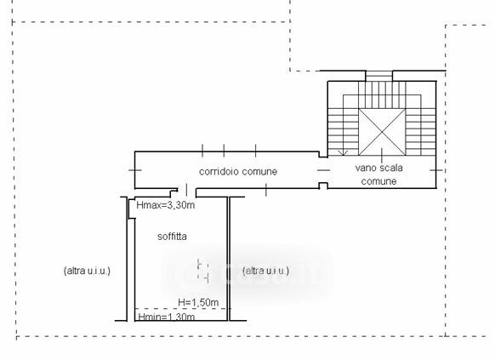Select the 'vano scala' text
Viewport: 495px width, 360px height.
tap(378, 168)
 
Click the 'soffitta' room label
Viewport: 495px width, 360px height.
tap(172, 237)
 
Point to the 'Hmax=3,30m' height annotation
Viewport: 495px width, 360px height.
tap(166, 205)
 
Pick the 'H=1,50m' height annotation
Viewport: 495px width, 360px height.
tap(198, 302)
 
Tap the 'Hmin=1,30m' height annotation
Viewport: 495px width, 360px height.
tap(167, 317)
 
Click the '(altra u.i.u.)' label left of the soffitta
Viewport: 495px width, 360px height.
tap(87, 271)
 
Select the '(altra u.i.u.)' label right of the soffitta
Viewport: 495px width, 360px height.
tap(266, 271)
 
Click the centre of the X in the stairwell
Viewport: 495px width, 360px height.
tap(382, 132)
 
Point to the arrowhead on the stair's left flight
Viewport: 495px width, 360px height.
tap(343, 153)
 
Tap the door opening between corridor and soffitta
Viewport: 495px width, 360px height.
tap(187, 190)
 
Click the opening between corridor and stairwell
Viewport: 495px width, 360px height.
tap(323, 170)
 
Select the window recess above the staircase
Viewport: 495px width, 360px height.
tap(378, 76)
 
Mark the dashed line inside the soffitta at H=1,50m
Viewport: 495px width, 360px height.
tap(183, 309)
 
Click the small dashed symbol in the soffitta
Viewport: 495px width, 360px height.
tap(203, 271)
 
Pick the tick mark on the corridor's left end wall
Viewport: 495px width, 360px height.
tap(135, 170)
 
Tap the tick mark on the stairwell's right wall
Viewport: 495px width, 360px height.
tap(436, 170)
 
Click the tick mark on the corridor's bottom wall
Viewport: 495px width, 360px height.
tap(266, 190)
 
